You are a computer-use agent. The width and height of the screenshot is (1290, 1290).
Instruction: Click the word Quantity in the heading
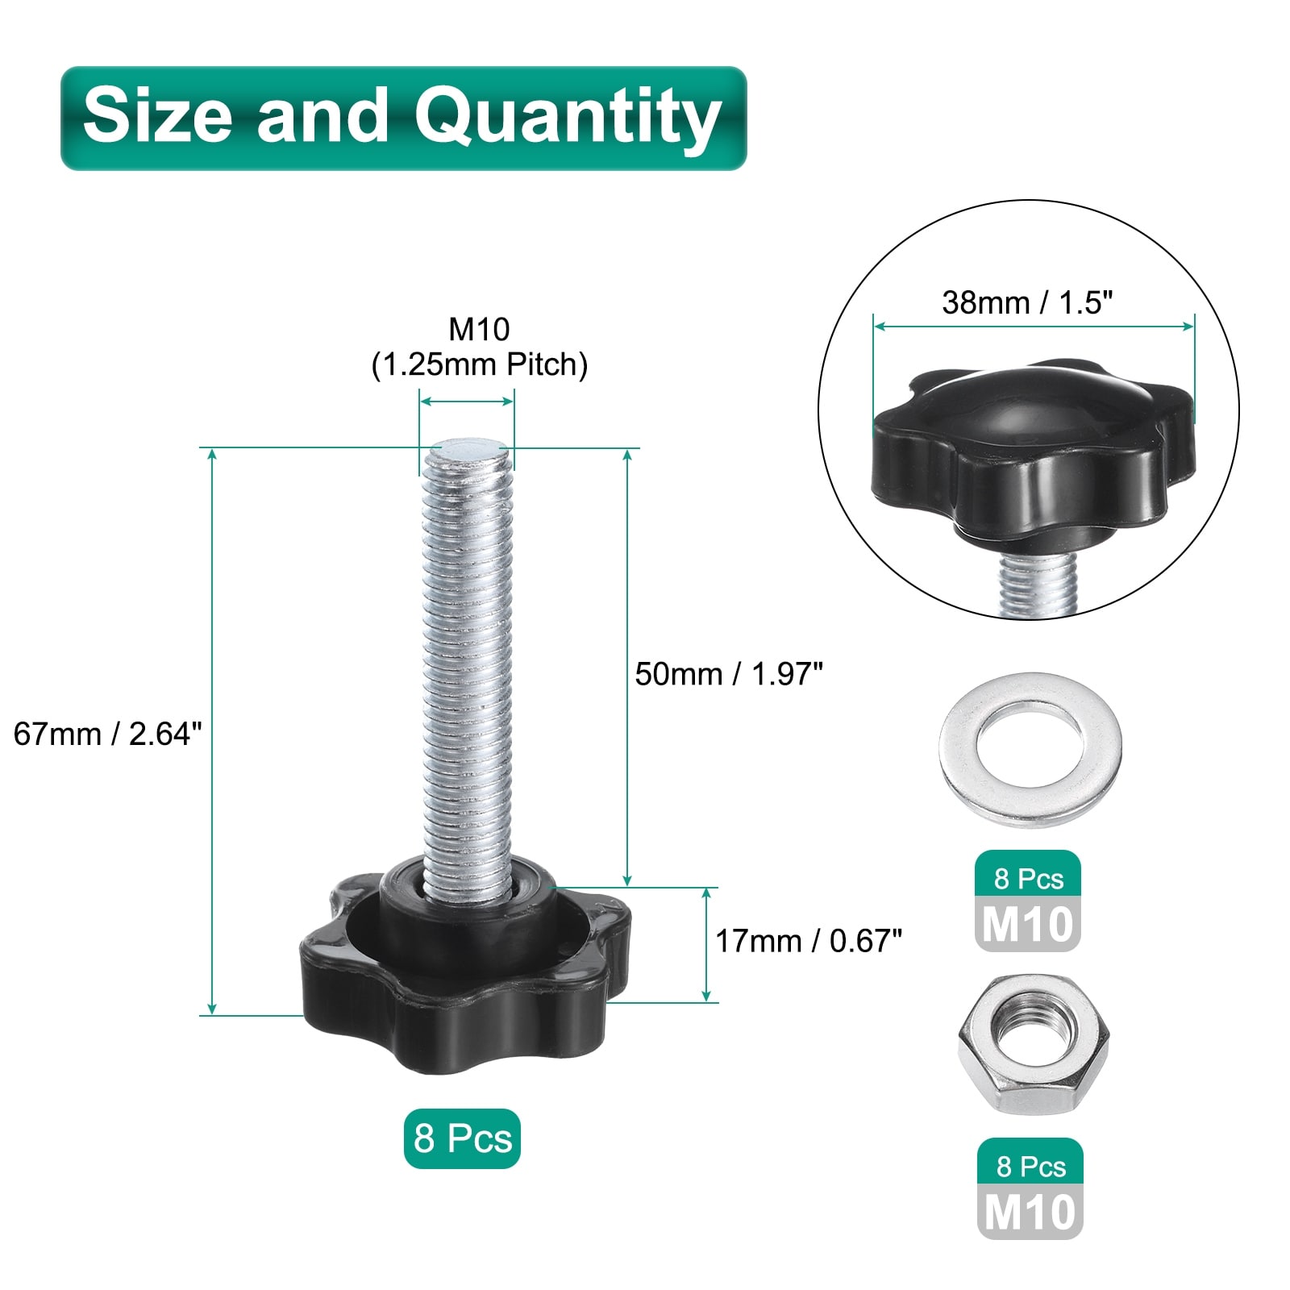coord(568,119)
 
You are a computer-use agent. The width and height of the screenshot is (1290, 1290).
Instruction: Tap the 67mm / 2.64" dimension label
coord(107,734)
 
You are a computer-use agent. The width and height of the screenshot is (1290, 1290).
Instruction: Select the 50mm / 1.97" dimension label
coord(729,674)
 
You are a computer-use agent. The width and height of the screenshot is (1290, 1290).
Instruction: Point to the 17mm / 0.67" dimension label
coord(809,941)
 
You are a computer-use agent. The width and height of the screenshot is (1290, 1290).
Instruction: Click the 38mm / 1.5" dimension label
coord(1027,302)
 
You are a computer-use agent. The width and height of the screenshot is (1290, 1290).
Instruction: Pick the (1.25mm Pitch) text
coord(480,365)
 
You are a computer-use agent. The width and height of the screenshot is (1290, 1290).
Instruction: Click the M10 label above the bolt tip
coord(480,329)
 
